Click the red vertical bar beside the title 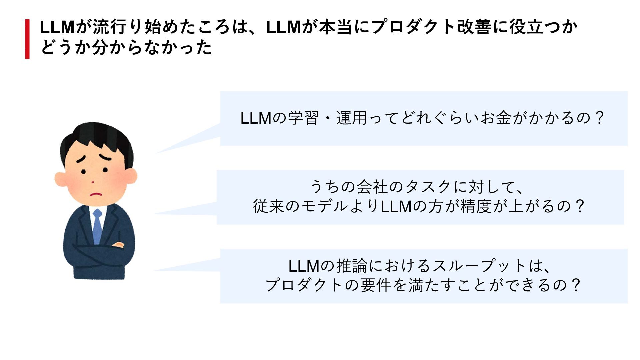click(27, 39)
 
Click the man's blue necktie click(97, 227)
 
